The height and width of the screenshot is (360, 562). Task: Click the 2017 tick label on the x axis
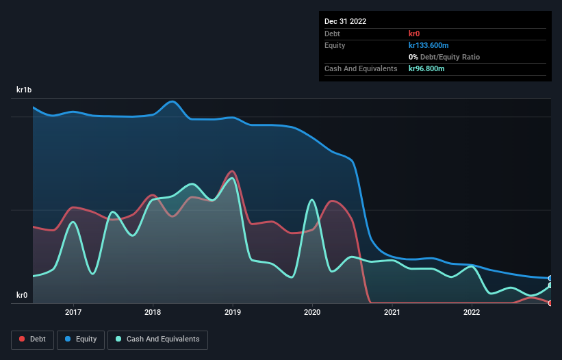(73, 312)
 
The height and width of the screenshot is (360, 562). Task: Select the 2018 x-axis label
(153, 312)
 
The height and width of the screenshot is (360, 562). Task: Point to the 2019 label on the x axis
(233, 312)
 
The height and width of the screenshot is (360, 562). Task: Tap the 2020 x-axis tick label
(312, 312)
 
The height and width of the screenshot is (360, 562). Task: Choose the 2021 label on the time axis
(392, 312)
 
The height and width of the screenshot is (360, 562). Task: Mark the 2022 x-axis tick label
(471, 312)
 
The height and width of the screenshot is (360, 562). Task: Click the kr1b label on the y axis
(25, 90)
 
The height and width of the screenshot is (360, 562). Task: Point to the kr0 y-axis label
(22, 296)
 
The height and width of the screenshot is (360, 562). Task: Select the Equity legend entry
(81, 339)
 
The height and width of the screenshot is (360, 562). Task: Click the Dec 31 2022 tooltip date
(346, 21)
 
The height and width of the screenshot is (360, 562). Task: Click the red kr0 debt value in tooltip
(415, 34)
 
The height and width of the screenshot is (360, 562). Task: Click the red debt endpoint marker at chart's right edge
(550, 303)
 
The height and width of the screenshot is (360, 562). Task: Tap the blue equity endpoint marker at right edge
(550, 279)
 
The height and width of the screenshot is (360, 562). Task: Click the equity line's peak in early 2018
(173, 101)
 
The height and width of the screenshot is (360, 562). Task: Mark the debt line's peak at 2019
(233, 171)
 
